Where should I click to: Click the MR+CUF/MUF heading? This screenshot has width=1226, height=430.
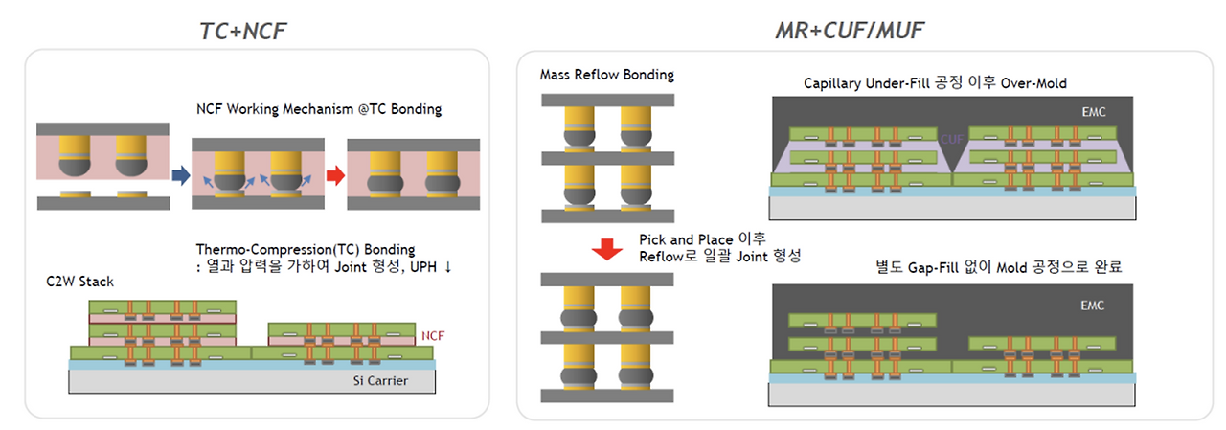coord(851,31)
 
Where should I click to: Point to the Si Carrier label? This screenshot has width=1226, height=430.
coord(380,382)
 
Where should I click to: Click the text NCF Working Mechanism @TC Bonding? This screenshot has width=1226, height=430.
coord(317,108)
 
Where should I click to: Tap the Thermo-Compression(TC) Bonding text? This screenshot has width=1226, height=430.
coord(306,250)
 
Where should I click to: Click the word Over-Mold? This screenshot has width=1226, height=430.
coord(1035,83)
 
